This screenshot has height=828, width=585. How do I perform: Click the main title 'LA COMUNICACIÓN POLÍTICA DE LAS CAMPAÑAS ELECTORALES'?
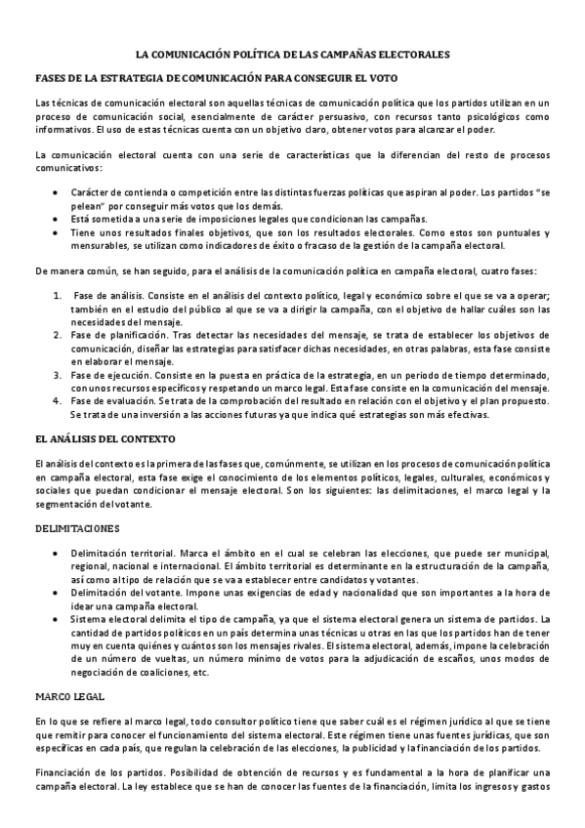292,56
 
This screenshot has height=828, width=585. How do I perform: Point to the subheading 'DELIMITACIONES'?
76,528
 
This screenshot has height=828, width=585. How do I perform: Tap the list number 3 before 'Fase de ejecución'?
58,374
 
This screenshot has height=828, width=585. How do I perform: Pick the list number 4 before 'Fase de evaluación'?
58,400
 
